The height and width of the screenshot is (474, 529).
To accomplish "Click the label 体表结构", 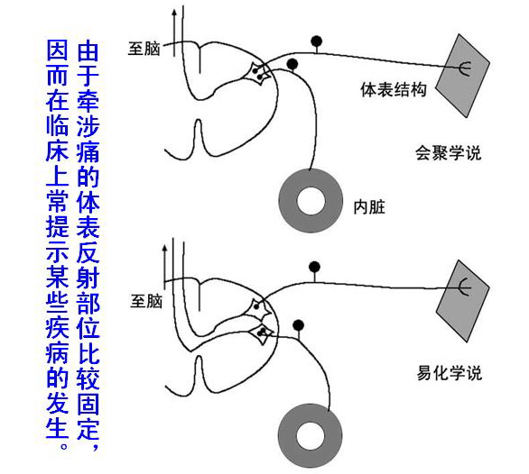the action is coord(394,90).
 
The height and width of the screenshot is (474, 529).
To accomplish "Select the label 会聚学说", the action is coord(448,153).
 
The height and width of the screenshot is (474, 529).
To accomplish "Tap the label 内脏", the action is coord(369,207).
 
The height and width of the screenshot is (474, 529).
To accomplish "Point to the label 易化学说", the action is coord(450,373).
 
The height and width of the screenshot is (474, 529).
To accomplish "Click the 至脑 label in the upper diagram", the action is coord(144,49).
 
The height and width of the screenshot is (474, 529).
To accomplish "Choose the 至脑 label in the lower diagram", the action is coord(146,301).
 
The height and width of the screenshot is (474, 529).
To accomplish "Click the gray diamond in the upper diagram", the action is coord(462,76).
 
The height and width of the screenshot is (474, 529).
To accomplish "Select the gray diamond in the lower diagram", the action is coord(462,301).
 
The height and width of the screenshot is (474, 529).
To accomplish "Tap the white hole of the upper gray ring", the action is coord(311,201).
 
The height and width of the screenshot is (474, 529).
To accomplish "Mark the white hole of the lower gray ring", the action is coord(311,435).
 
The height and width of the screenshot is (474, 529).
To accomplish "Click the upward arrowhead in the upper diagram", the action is coord(174,13).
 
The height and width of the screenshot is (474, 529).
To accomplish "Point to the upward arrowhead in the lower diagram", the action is coord(164,249).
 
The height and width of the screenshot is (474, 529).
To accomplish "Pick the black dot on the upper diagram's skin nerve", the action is coord(317,41).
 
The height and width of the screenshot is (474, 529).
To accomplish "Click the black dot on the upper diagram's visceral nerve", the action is coord(292,63).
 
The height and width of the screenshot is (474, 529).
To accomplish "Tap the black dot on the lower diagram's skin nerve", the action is coord(314,267).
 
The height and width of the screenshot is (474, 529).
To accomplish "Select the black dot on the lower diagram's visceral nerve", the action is coord(298,325).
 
